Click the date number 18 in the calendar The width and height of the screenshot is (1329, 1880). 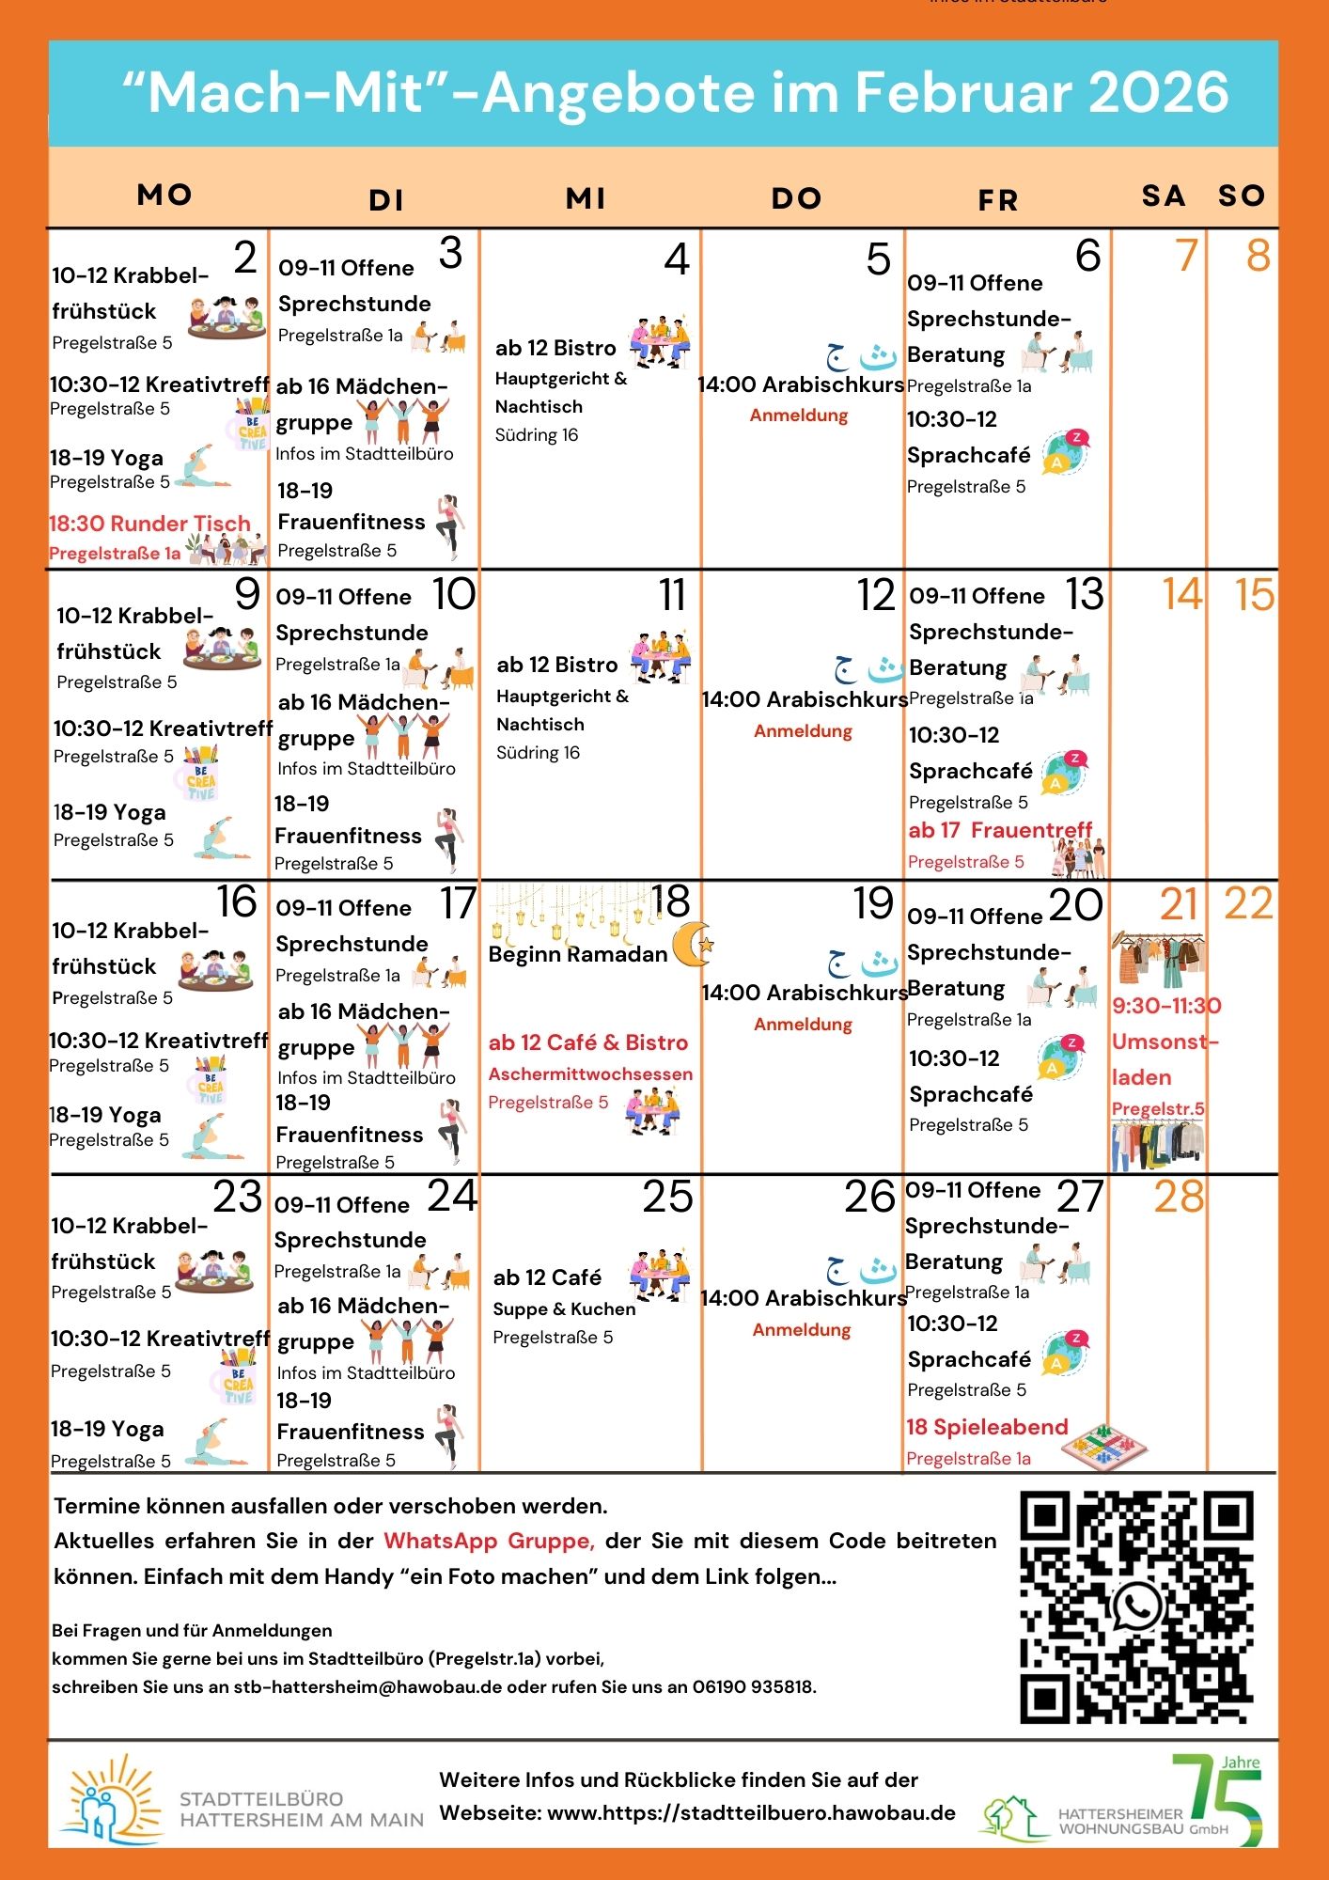coord(671,902)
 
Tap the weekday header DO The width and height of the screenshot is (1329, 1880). coord(796,198)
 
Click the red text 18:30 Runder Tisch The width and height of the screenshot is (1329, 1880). coord(150,524)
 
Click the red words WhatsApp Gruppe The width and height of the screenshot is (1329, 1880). coord(489,1541)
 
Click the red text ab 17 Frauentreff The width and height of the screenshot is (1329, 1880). coord(1000,830)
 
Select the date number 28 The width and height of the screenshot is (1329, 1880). coord(1179,1198)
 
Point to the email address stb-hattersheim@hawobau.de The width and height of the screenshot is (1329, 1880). coord(367,1686)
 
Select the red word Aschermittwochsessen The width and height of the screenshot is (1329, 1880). coord(590,1073)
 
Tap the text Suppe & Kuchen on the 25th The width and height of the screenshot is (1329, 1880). coord(564,1308)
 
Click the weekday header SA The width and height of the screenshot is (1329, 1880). coord(1163,196)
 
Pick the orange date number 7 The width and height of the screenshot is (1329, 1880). coord(1186,256)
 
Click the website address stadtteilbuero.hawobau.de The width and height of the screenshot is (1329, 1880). coord(751,1813)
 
